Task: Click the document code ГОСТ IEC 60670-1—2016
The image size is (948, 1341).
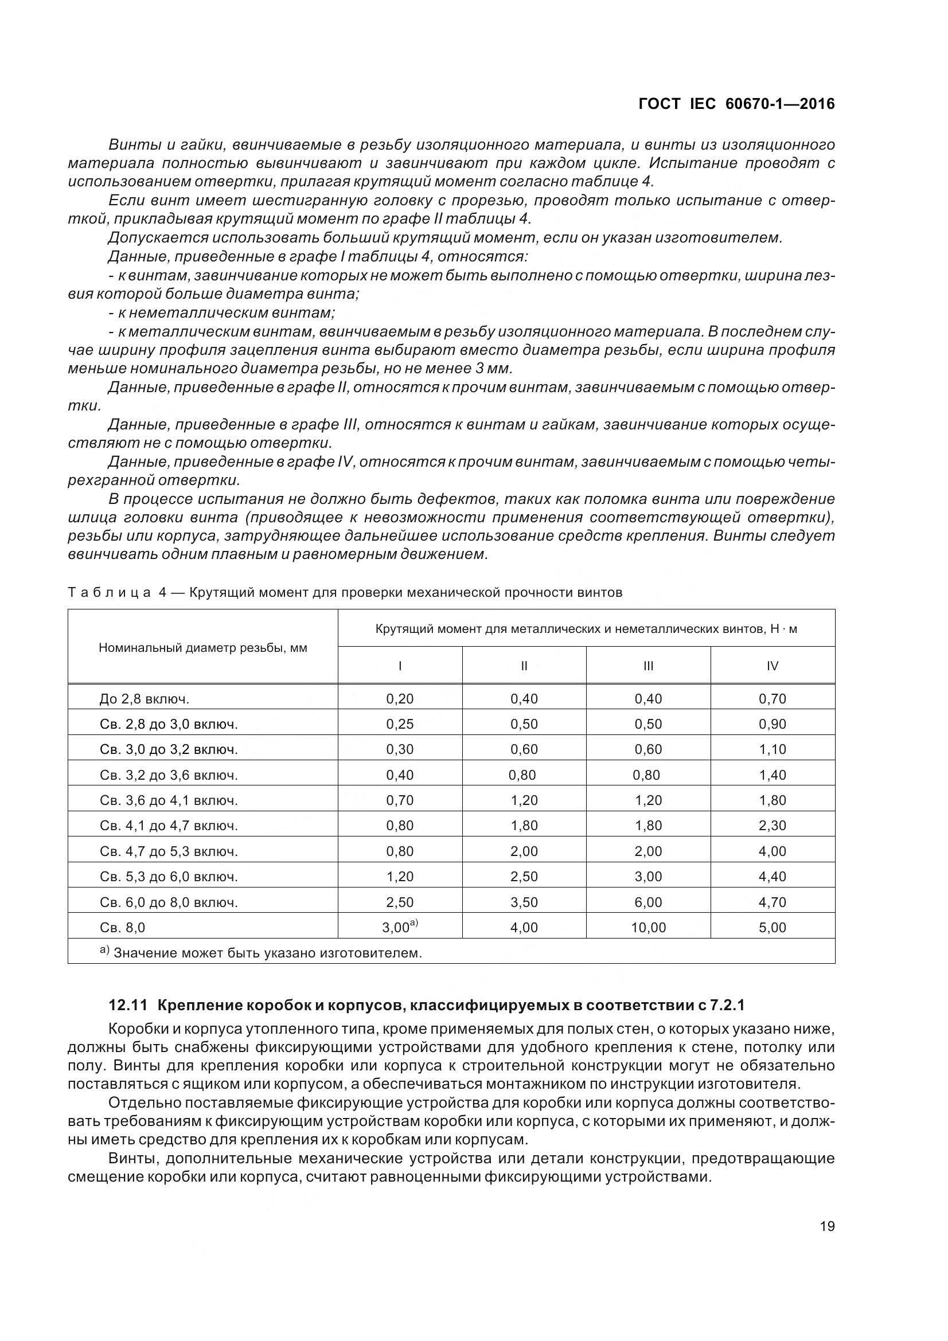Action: coord(736,104)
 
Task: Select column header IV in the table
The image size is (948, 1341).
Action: coord(772,666)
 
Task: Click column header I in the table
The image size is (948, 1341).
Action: coord(400,666)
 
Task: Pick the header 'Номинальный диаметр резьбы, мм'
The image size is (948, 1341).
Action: coord(202,648)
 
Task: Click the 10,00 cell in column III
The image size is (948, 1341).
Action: coord(649,928)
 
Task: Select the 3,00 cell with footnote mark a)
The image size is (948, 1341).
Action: coord(400,927)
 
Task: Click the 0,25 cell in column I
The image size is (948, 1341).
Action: coord(400,724)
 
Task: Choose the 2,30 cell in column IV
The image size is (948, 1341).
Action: coord(772,826)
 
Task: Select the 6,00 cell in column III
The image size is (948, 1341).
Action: coord(649,902)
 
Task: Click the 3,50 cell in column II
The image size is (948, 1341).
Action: coord(524,902)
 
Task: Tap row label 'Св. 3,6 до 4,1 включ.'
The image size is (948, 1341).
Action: coord(169,800)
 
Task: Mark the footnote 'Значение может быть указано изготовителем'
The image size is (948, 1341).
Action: coord(267,953)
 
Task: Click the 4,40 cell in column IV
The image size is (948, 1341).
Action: coord(772,877)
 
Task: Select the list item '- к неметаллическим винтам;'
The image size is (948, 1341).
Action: coord(222,313)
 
